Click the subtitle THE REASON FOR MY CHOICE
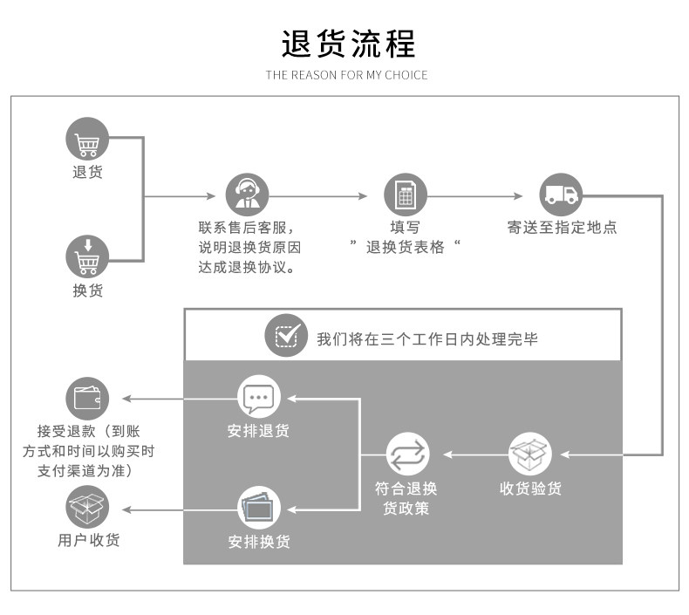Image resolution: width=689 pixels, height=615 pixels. pos(347,75)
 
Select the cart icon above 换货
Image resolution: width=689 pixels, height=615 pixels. pos(87,258)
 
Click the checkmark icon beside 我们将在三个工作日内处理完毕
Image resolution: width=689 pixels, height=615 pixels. pos(286,336)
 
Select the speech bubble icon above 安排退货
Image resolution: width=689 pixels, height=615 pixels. pos(259,398)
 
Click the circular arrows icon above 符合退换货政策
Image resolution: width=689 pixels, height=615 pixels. pos(407,454)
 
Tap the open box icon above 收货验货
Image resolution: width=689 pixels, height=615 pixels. pos(530,454)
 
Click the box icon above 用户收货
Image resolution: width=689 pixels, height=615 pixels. pos(87,507)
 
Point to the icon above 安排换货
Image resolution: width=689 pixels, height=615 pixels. pos(259,507)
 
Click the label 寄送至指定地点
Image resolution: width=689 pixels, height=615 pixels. pos(562,228)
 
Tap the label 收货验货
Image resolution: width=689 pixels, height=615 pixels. pos(530,489)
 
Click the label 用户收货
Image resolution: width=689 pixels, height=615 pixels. pos(88,540)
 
